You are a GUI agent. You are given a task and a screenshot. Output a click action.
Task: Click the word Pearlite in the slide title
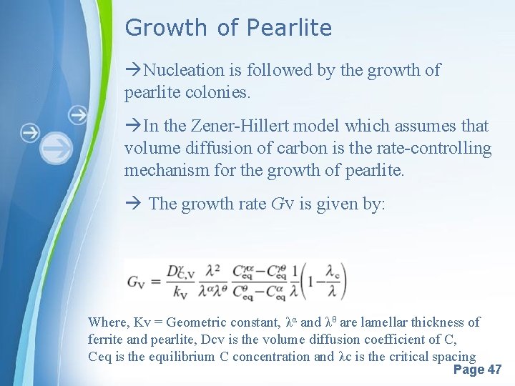[x=289, y=28]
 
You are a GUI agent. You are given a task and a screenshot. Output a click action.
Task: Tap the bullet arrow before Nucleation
[x=133, y=70]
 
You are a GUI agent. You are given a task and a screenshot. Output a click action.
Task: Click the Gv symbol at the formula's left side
[x=137, y=281]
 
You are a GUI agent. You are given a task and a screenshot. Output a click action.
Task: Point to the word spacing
[x=453, y=357]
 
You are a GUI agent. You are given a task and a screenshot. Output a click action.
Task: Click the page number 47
[x=494, y=370]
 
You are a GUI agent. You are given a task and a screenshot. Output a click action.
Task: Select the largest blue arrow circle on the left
[x=57, y=149]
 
